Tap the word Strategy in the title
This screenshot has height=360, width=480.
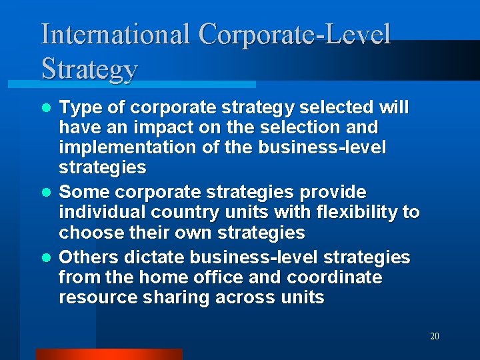point(89,69)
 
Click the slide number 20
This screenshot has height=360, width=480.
point(434,337)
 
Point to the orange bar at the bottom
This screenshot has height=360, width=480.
point(109,354)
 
